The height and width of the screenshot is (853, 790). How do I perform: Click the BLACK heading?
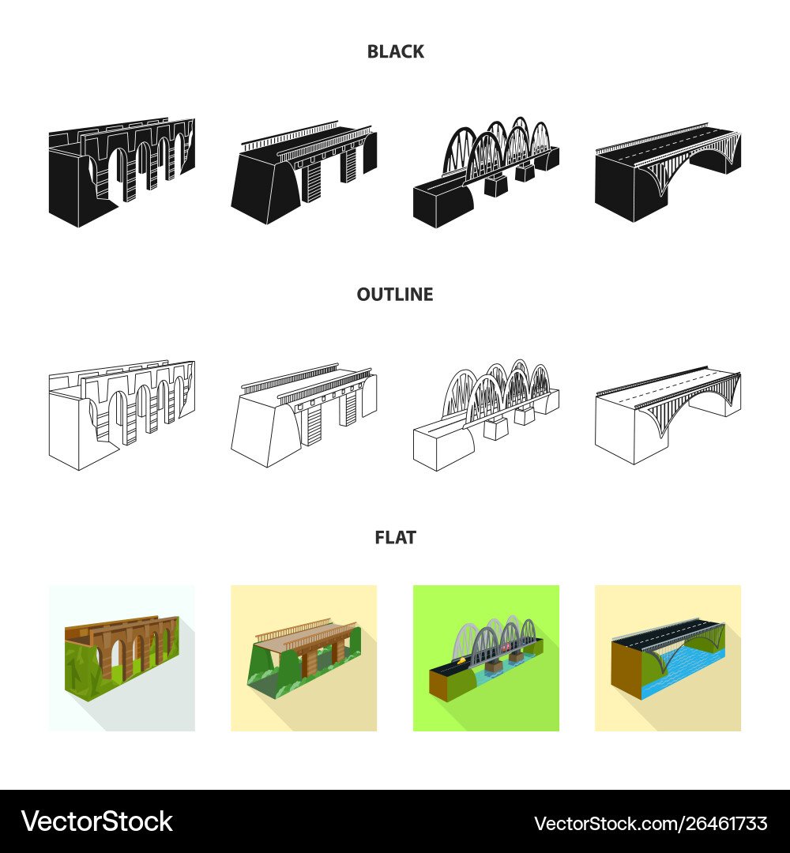(x=396, y=51)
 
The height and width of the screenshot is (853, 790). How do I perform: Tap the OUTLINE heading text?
(x=395, y=295)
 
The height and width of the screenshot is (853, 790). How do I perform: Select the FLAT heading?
(x=396, y=538)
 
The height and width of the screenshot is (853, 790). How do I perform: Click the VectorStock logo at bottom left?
(x=97, y=821)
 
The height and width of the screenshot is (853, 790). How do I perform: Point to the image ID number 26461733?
(x=726, y=824)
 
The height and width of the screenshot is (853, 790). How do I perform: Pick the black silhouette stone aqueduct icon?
(x=122, y=172)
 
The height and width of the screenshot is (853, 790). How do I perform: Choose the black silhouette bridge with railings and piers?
(x=303, y=172)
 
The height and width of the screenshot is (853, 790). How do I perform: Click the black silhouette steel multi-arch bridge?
(x=486, y=172)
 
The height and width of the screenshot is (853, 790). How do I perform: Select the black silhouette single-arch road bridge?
(x=668, y=172)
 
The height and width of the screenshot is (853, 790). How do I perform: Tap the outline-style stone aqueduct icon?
(x=122, y=415)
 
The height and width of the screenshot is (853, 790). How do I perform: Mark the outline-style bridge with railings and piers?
(x=303, y=415)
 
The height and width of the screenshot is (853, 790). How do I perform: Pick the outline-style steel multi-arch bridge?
(x=486, y=415)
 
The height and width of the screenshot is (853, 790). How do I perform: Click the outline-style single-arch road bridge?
(x=668, y=415)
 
